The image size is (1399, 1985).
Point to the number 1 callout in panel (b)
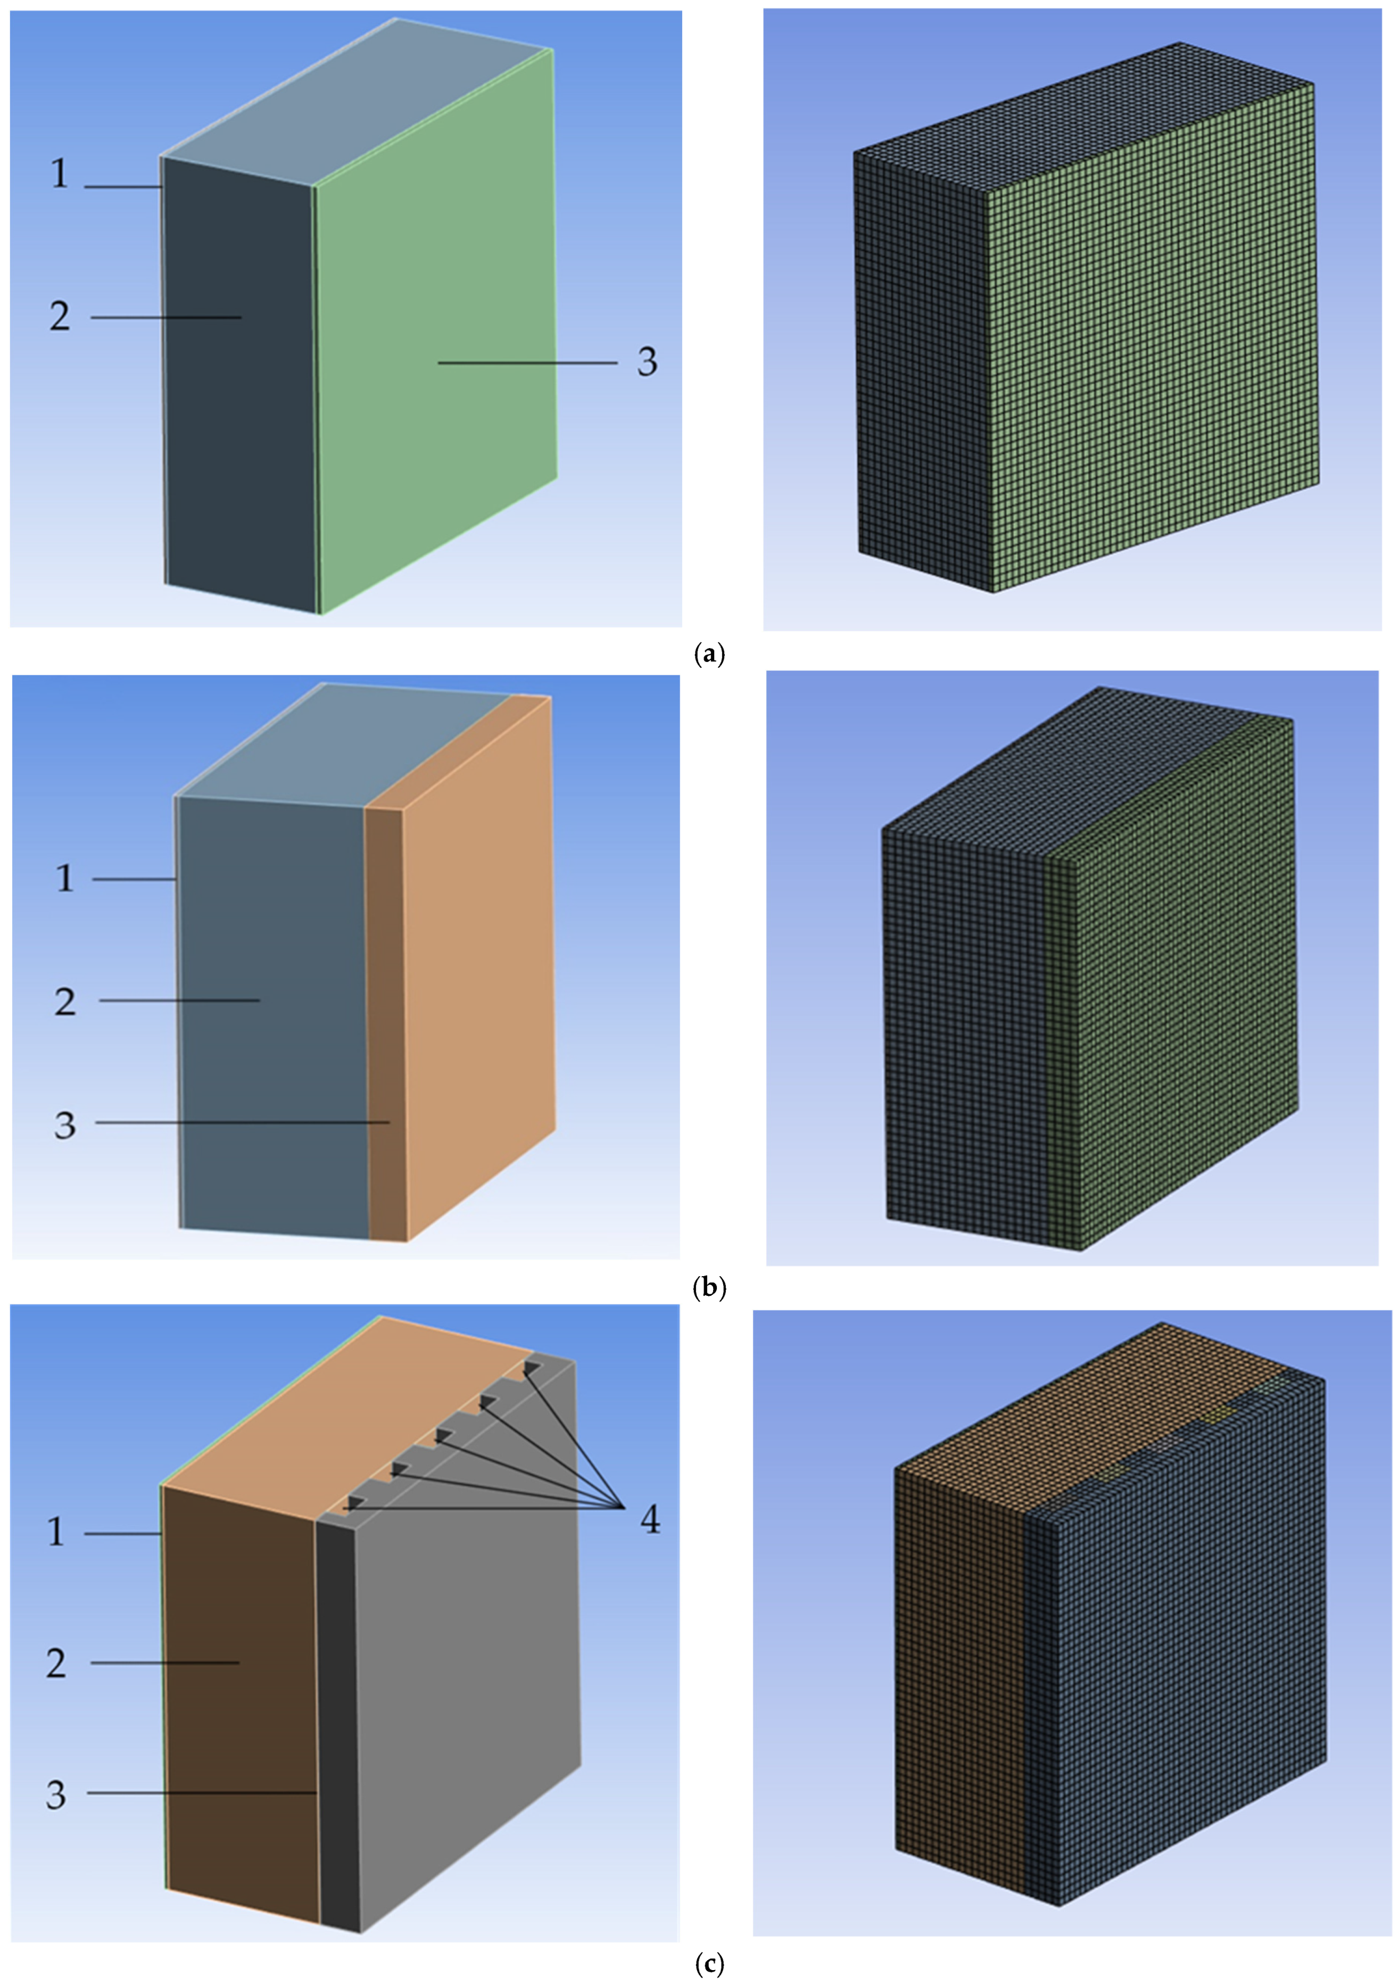[65, 879]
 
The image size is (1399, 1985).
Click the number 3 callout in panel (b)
[65, 1125]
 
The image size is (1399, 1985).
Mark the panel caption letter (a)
[709, 655]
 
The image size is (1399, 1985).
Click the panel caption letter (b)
[709, 1288]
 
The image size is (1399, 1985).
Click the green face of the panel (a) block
[437, 328]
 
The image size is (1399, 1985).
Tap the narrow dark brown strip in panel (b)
[386, 1024]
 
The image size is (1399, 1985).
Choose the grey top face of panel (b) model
[346, 745]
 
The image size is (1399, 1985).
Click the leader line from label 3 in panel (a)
[527, 363]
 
